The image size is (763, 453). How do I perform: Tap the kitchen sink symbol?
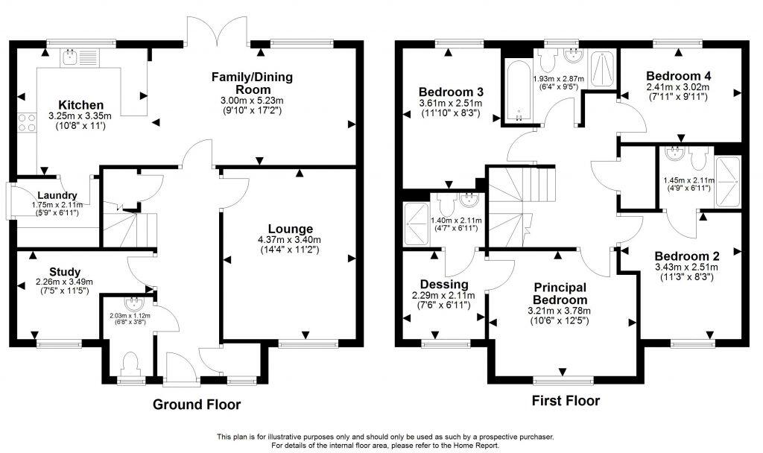tap(70, 56)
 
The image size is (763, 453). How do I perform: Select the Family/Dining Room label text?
tap(252, 83)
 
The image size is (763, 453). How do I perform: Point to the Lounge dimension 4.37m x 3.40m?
tap(286, 239)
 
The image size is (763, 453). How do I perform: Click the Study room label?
tap(65, 271)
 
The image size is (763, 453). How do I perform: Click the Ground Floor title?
tap(197, 405)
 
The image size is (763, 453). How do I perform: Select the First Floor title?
tap(566, 401)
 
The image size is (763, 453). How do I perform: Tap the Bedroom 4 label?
tap(678, 75)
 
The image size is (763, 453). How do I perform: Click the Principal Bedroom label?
tap(560, 294)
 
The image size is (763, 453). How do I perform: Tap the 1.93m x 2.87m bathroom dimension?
tap(559, 77)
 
